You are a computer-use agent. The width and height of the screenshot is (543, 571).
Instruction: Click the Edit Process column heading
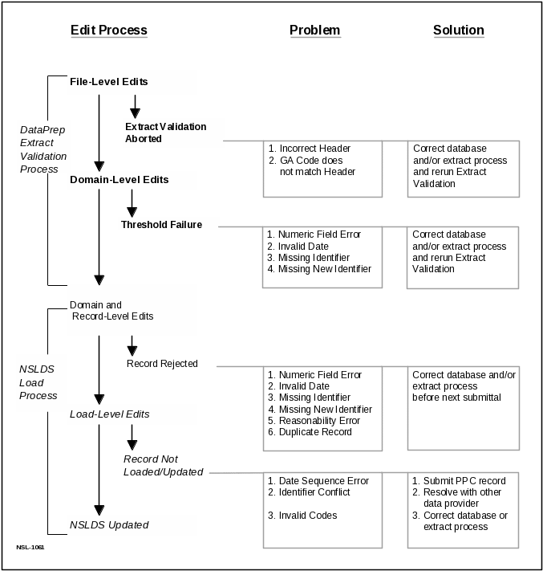click(109, 31)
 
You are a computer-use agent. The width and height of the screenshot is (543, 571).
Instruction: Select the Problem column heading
click(314, 31)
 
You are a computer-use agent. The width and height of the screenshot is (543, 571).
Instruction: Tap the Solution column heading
click(459, 31)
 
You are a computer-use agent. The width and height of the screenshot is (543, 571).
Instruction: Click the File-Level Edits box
click(132, 82)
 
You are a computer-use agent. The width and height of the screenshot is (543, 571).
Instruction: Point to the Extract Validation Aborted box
click(173, 133)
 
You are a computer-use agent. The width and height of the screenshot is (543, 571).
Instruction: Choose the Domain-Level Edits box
click(132, 180)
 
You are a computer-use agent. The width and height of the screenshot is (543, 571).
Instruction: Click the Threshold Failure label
click(168, 224)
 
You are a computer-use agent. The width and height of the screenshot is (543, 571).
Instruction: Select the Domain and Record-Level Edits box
click(132, 310)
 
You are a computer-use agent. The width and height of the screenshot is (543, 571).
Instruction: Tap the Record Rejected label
click(162, 364)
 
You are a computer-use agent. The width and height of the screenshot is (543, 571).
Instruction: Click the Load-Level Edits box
click(132, 414)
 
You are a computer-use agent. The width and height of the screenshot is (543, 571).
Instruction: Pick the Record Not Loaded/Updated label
click(164, 466)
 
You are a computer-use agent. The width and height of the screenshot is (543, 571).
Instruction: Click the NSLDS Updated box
click(132, 525)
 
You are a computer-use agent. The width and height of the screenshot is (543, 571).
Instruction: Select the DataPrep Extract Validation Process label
click(43, 148)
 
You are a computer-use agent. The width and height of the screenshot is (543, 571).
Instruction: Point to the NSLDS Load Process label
click(38, 383)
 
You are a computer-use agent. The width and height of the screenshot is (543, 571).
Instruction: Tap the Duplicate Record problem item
click(314, 432)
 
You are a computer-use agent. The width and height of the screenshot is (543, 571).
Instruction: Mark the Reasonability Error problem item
click(319, 420)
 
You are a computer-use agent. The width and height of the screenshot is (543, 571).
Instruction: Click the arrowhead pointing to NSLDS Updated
click(99, 509)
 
